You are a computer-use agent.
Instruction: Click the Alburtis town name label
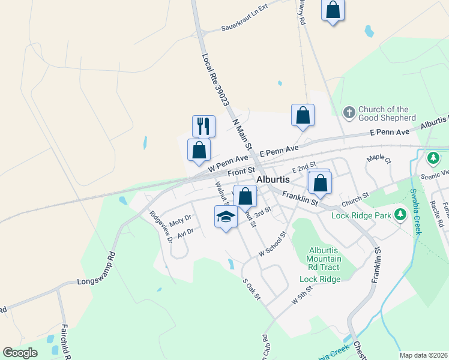(273, 179)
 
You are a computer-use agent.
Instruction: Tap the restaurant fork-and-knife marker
(203, 125)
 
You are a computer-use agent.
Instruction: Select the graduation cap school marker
(226, 217)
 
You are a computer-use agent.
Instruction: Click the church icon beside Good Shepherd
(349, 113)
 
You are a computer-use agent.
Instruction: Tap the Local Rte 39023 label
(216, 79)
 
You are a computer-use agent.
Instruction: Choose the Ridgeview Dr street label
(161, 226)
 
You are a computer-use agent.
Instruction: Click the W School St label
(273, 244)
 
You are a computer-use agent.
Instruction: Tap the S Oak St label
(251, 290)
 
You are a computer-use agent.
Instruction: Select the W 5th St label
(303, 297)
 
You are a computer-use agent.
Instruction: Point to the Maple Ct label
(379, 160)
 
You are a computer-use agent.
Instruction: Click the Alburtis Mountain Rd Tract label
(324, 259)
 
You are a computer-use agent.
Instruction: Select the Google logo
(20, 353)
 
